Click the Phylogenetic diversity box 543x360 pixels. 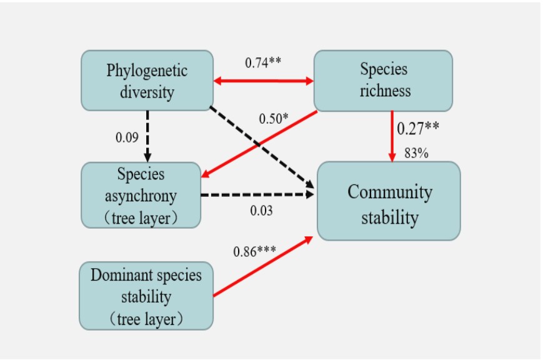tap(147, 80)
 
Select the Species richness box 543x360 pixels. tap(382, 80)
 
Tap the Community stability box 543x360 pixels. tap(389, 201)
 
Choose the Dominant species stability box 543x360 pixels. tap(146, 296)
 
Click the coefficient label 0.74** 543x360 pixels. tap(263, 63)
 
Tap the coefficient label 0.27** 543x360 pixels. tap(418, 128)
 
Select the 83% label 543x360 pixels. tap(416, 153)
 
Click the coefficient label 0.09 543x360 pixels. tap(127, 137)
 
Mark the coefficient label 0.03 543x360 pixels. tap(261, 211)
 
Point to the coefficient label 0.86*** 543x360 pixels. tap(254, 252)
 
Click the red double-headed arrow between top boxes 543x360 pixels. tap(263, 81)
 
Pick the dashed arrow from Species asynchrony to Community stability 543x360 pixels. tap(256, 195)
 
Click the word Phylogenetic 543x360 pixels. tap(147, 69)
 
